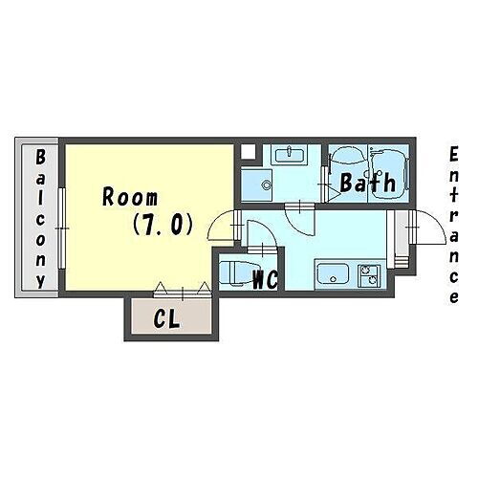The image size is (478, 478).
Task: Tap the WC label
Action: [x=264, y=280]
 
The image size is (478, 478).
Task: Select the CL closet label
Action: [x=167, y=320]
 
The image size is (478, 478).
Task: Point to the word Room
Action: [x=130, y=198]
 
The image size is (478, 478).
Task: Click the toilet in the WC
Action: [x=235, y=272]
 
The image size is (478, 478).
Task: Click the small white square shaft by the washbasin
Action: [x=249, y=150]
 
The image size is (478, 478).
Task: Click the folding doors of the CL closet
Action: [x=182, y=287]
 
